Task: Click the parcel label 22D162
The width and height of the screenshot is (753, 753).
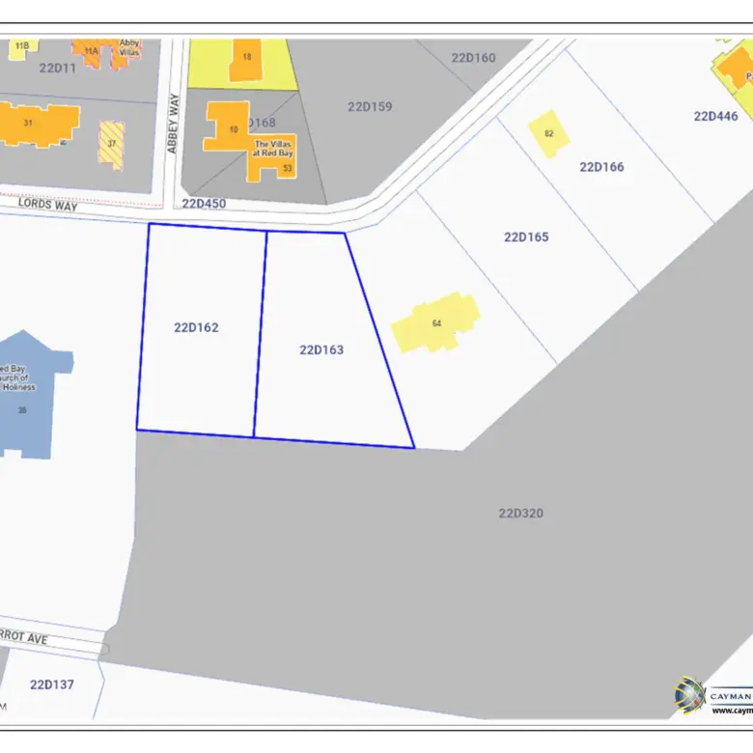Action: coord(196,327)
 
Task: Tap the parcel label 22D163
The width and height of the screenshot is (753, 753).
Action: coord(321,349)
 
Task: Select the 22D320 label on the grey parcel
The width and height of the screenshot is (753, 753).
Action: coord(520,513)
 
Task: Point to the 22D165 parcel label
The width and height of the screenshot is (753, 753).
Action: coord(526,237)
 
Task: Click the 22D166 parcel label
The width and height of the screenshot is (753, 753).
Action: coord(601,167)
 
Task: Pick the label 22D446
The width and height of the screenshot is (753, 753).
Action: coord(715,116)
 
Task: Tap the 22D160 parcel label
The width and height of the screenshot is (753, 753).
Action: coord(473,58)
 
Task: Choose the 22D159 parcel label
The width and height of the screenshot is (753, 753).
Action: coord(370,106)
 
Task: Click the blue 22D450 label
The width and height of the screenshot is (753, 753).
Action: coord(204,203)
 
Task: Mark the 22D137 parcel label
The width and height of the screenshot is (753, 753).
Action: coord(52,684)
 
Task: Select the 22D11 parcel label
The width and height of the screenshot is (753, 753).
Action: coord(58,68)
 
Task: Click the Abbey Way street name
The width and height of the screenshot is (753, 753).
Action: coord(174,123)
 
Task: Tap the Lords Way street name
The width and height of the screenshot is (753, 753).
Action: coord(47,205)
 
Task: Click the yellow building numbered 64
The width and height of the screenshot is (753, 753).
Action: coord(436,322)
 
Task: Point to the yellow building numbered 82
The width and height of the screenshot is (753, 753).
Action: coord(548,133)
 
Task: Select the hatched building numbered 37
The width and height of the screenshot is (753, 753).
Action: coord(111,144)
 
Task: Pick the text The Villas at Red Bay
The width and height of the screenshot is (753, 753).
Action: coord(273,148)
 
